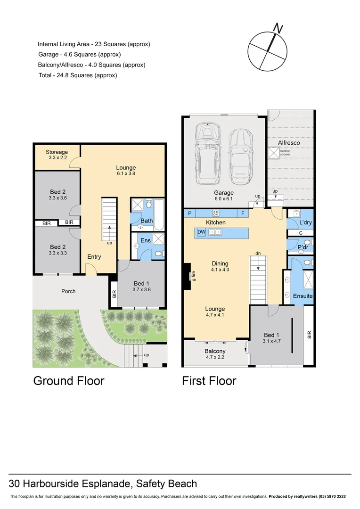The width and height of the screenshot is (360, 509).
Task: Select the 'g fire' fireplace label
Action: (193, 275)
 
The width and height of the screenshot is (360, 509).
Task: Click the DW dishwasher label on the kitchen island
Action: (201, 232)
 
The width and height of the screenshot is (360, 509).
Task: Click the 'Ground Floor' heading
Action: (68, 381)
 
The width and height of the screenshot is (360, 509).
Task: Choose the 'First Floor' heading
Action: (209, 381)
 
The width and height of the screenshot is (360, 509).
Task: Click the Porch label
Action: (68, 291)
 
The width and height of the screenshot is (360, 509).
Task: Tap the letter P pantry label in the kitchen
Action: (190, 213)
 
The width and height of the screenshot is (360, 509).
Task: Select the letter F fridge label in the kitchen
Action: (242, 213)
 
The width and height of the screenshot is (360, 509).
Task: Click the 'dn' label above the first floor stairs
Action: (258, 253)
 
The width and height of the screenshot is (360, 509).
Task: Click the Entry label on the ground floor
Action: (94, 257)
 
